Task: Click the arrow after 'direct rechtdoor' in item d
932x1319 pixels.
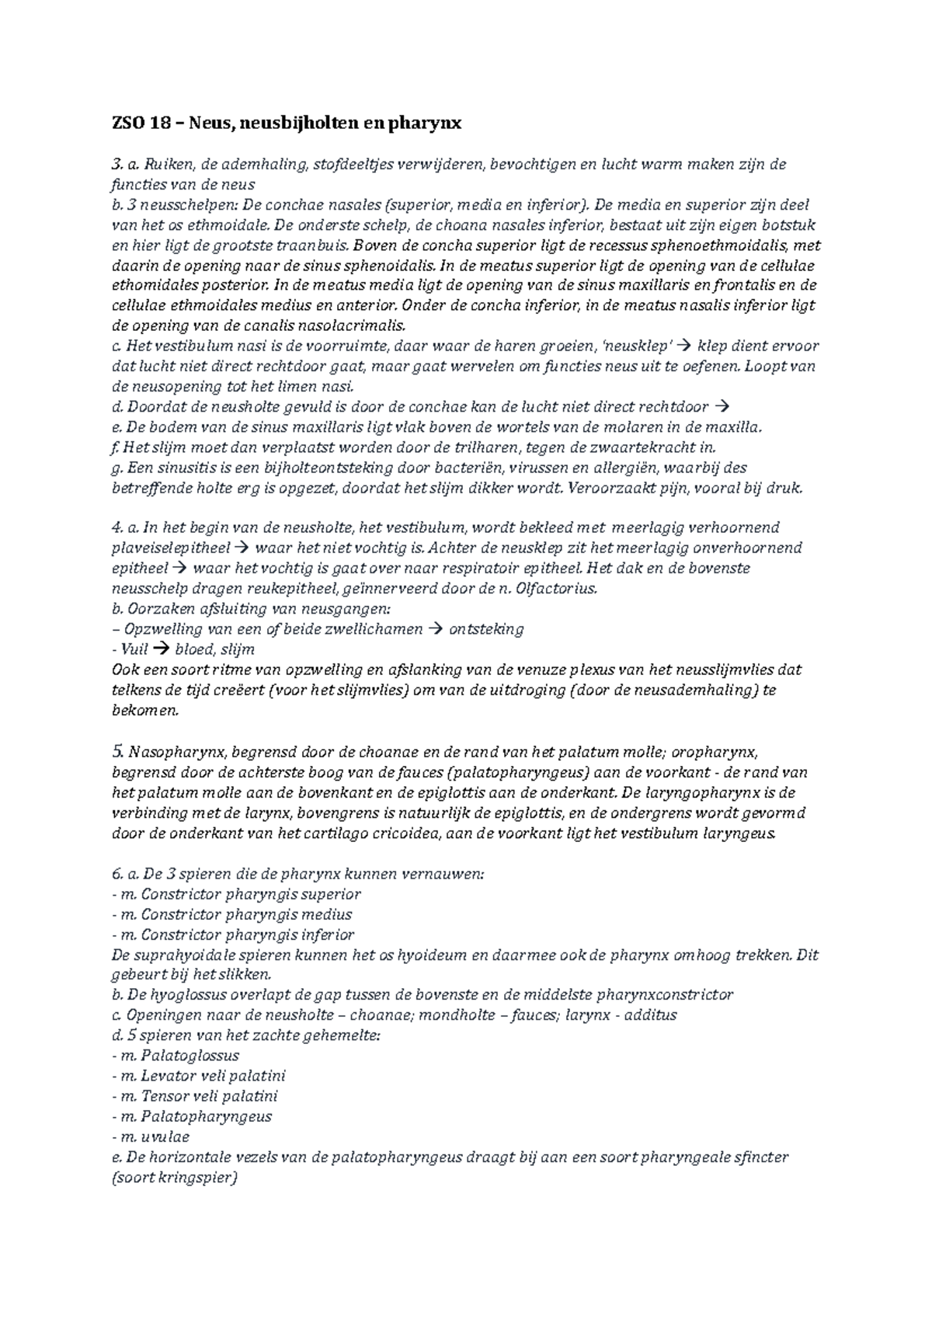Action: [x=721, y=406]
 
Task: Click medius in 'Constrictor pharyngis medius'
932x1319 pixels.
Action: [x=329, y=914]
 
